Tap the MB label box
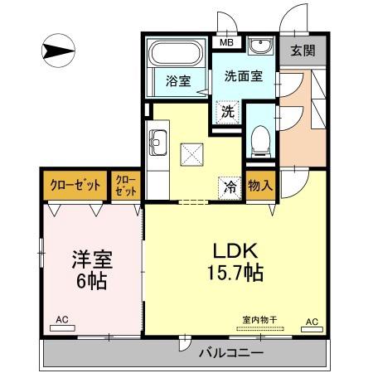click(225, 41)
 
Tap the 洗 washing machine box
click(226, 109)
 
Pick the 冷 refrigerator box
click(230, 186)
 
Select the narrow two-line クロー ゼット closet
click(125, 185)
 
